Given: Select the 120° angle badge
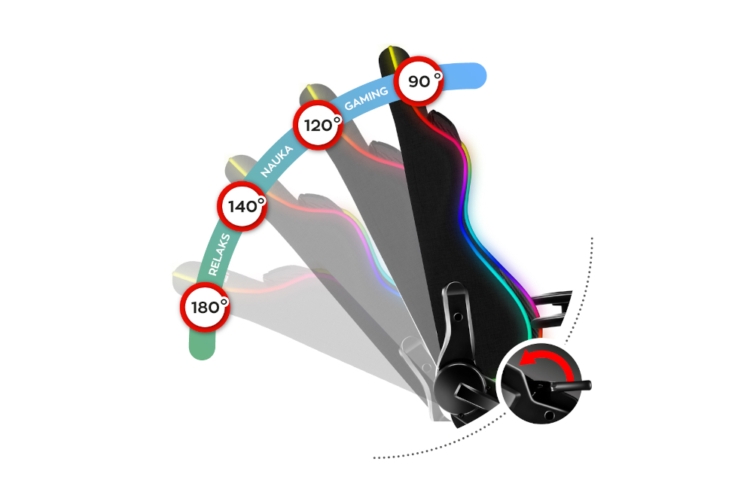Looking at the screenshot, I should [x=318, y=125].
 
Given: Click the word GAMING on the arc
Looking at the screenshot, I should [x=366, y=98].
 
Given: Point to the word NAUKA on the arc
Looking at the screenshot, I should [x=276, y=162].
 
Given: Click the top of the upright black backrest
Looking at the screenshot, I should [x=392, y=57].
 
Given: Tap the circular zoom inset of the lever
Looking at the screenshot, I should [x=538, y=383].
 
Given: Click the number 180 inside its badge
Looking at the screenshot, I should [x=201, y=308].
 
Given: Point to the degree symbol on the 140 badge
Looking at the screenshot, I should [x=260, y=200].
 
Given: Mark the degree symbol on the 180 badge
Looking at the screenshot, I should [x=223, y=302].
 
